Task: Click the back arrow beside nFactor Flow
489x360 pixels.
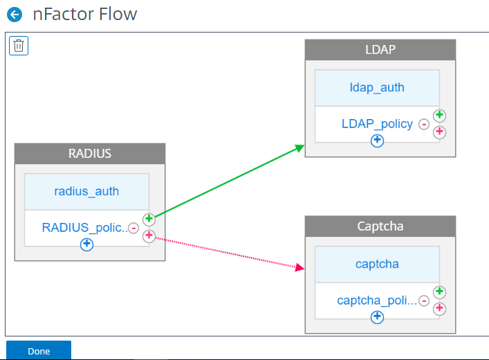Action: coord(15,15)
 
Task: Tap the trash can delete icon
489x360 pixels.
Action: coord(19,46)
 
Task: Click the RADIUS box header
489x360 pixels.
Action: coord(90,154)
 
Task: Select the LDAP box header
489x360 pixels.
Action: coord(380,50)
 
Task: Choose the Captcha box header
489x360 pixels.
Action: coord(380,226)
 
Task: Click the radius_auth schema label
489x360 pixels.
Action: coord(86,191)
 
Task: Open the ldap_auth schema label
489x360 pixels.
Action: coord(377,87)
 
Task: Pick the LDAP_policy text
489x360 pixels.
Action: coord(377,124)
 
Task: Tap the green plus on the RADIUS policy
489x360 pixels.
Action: coord(149,219)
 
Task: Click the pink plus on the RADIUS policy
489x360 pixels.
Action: coord(149,235)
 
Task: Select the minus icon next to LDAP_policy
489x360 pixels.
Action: coord(424,124)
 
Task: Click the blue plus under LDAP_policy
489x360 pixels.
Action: coord(377,141)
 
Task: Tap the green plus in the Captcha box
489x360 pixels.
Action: coord(439,291)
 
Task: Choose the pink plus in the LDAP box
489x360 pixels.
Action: coord(439,132)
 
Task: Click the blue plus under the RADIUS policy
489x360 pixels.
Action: coord(86,244)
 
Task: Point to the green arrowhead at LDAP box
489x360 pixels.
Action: coord(299,148)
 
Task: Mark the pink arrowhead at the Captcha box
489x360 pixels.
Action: coord(299,268)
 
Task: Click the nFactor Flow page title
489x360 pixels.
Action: coord(85,14)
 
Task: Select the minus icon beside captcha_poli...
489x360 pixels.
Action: coord(424,300)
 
